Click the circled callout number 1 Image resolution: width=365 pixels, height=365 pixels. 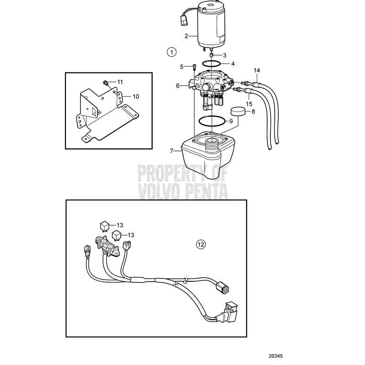click(172, 51)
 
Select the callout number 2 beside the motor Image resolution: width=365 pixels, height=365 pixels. click(186, 36)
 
